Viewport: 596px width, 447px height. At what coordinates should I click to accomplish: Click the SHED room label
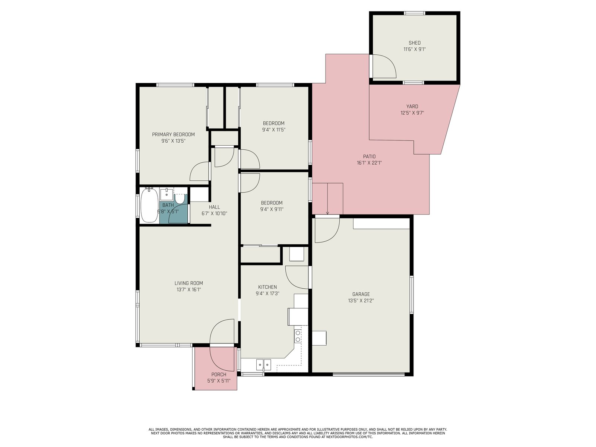tap(414, 43)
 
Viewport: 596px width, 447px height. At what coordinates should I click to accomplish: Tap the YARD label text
tap(412, 107)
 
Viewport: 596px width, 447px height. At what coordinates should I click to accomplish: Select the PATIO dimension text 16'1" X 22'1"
tap(369, 163)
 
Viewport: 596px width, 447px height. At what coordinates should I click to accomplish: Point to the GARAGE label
tap(361, 294)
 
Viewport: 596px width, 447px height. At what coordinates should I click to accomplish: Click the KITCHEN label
tap(267, 287)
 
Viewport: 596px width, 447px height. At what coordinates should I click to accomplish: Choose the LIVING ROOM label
tap(189, 283)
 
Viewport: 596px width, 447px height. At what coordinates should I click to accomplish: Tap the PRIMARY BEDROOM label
tap(173, 134)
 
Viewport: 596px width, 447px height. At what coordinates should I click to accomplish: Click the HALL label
tap(214, 207)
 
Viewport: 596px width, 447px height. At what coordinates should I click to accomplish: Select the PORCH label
tap(219, 374)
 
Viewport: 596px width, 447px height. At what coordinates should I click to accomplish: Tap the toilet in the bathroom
tap(179, 199)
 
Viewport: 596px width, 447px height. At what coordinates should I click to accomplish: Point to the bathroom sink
tap(167, 194)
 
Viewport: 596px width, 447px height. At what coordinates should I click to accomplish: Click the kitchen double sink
tap(263, 365)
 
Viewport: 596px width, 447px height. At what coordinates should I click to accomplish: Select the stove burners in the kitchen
tap(298, 336)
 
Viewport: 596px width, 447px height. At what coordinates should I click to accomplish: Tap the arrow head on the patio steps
tap(327, 213)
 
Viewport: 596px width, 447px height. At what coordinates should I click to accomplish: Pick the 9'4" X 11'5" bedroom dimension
tap(274, 130)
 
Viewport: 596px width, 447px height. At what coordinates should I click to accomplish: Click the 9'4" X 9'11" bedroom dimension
tap(272, 209)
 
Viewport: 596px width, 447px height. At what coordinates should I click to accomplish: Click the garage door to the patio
tap(327, 229)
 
